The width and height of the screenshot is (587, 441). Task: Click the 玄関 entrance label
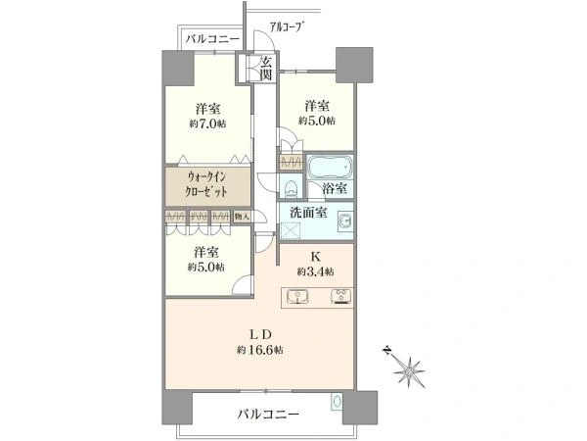[266, 68]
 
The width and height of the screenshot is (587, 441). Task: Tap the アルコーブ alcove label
[287, 27]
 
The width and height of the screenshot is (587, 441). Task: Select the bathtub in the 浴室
[330, 167]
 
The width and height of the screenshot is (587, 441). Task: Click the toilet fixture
[290, 188]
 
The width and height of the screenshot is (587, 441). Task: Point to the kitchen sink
[297, 296]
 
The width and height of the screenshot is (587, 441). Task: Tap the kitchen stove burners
[341, 296]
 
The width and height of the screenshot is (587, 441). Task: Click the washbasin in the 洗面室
[344, 221]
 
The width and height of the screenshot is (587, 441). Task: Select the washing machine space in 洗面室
[291, 230]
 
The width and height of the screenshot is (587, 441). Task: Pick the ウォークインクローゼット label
[207, 184]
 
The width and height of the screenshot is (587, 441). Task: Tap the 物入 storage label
[241, 217]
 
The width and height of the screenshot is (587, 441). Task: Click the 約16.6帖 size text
[259, 350]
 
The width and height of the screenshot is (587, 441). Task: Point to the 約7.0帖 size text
[207, 123]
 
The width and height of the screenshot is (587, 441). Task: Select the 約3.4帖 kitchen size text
[316, 270]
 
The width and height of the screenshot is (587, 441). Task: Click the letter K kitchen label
[316, 257]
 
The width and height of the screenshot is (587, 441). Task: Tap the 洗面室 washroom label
[308, 213]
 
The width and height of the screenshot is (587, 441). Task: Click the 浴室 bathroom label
[335, 188]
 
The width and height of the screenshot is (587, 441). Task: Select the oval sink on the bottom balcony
[336, 401]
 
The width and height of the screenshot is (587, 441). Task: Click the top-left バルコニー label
[212, 39]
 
